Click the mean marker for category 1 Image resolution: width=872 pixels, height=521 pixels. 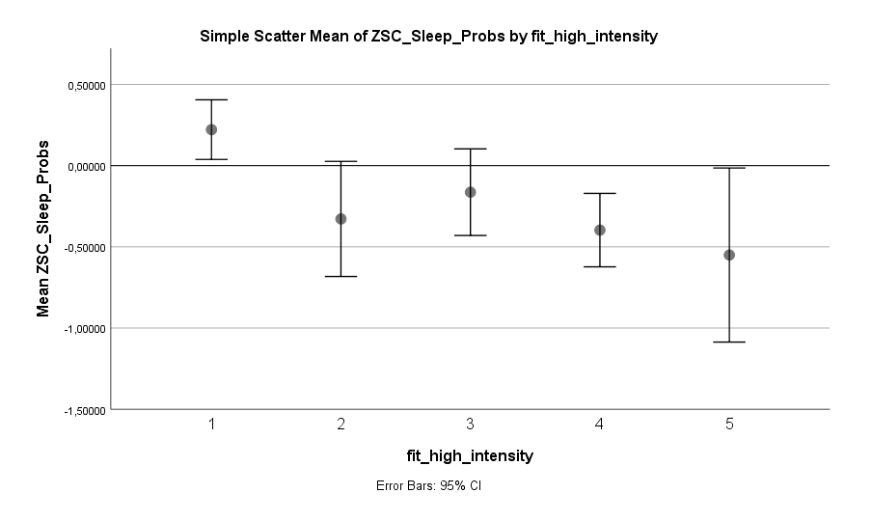click(x=211, y=129)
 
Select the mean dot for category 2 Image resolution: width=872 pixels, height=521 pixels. click(x=341, y=219)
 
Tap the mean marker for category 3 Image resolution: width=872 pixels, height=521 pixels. click(x=471, y=192)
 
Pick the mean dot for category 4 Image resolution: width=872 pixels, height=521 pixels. click(x=600, y=230)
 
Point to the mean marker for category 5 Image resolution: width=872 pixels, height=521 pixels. click(x=729, y=255)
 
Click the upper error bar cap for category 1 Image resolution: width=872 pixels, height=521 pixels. click(x=211, y=99)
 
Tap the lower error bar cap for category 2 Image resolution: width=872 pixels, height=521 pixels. click(x=341, y=276)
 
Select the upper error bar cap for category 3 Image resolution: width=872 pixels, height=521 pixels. click(x=471, y=149)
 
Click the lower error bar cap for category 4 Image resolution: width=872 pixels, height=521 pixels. click(x=600, y=266)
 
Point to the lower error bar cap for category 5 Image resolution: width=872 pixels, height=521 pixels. click(x=729, y=342)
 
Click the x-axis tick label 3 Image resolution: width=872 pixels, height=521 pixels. click(x=471, y=425)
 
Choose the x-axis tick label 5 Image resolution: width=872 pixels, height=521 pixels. click(x=729, y=425)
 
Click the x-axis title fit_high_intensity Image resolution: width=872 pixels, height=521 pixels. click(x=470, y=454)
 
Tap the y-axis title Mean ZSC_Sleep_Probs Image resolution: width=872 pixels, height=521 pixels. click(x=43, y=228)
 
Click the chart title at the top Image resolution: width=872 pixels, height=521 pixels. click(x=428, y=37)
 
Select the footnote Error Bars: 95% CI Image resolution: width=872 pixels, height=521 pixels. click(x=428, y=486)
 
